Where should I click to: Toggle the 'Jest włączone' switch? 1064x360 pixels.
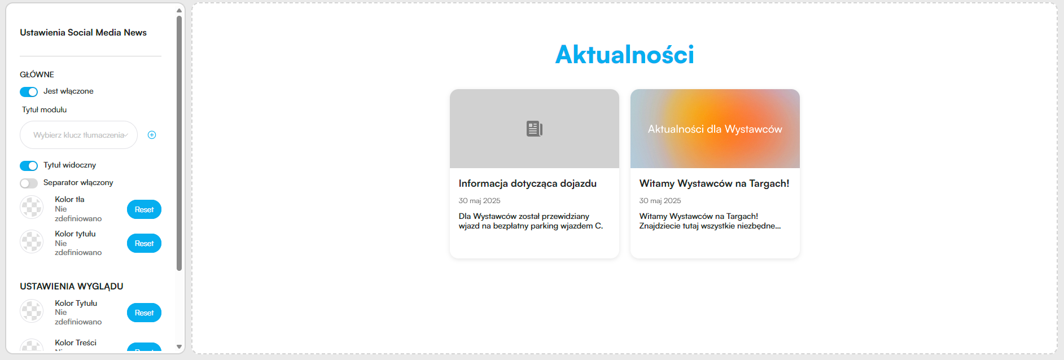pos(29,91)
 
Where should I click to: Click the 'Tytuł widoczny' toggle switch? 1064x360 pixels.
pos(29,165)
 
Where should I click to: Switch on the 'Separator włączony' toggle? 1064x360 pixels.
pos(29,183)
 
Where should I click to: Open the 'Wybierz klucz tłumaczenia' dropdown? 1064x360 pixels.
pos(78,135)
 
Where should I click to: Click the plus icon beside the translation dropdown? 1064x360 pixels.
pos(152,135)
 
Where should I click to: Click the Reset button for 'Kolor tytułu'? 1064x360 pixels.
pos(144,243)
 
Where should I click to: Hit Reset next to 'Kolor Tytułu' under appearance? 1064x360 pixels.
pos(144,313)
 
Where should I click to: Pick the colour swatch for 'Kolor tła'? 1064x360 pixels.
pos(32,207)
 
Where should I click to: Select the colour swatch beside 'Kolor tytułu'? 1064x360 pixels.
pos(32,242)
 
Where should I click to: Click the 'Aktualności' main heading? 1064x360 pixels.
pos(625,54)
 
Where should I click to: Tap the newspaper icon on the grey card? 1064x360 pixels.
pos(534,129)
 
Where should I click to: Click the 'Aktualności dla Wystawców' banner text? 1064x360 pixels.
pos(715,129)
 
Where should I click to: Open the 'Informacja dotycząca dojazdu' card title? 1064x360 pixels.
pos(527,183)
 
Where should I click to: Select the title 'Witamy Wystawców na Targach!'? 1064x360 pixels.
pos(714,183)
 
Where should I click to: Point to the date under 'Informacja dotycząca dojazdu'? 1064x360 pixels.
pos(479,201)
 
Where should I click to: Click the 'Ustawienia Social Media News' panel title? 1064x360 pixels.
pos(83,33)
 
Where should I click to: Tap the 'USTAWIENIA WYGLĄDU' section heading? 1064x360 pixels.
pos(71,287)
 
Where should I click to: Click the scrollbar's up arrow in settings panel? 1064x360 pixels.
pos(179,10)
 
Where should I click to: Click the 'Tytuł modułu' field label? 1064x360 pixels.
pos(44,110)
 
